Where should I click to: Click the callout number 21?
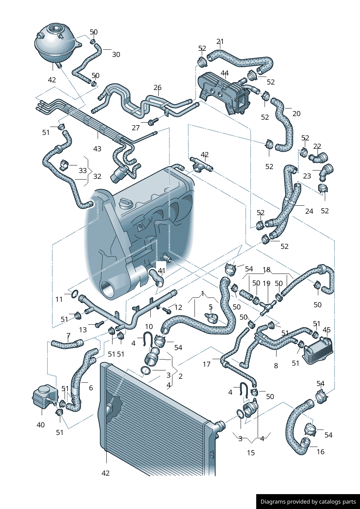220,41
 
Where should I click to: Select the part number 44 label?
225,73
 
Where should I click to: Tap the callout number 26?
157,87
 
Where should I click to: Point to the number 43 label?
97,149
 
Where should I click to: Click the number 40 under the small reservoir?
41,424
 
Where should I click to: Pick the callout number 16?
320,452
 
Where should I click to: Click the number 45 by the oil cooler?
327,330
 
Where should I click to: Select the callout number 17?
206,364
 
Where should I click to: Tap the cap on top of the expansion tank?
56,28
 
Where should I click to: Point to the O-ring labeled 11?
74,294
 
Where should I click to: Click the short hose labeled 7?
67,343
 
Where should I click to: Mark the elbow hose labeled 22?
318,158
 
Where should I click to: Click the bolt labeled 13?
99,323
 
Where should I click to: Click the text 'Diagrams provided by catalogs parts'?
308,502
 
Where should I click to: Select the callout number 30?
116,54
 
